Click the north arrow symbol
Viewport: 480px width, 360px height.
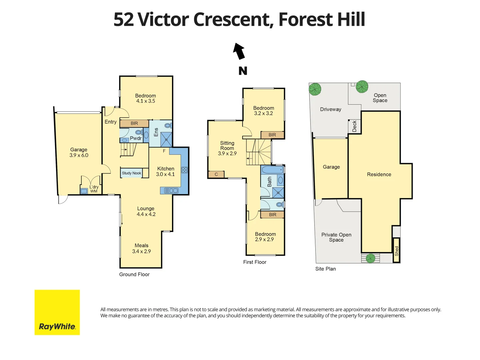point(239,51)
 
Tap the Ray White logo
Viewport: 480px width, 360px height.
point(57,312)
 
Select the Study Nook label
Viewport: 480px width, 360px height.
point(131,173)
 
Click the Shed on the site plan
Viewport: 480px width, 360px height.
point(396,251)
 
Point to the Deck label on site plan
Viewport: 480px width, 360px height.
point(354,126)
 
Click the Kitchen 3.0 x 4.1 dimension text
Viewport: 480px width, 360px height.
point(165,174)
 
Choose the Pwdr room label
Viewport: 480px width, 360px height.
point(136,138)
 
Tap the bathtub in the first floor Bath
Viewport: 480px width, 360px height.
point(272,170)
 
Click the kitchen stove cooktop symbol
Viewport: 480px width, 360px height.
point(184,170)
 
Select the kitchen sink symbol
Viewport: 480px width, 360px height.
point(171,191)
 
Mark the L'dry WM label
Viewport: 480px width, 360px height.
point(94,189)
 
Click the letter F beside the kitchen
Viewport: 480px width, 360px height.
point(164,151)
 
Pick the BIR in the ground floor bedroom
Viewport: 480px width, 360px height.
point(134,123)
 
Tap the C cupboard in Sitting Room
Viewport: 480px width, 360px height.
point(216,174)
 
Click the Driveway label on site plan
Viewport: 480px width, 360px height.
point(330,109)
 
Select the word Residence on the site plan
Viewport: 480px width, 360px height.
point(379,174)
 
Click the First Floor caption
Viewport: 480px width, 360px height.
point(255,262)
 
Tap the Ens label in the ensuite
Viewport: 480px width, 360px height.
point(156,132)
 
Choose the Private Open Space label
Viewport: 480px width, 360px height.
point(336,237)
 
